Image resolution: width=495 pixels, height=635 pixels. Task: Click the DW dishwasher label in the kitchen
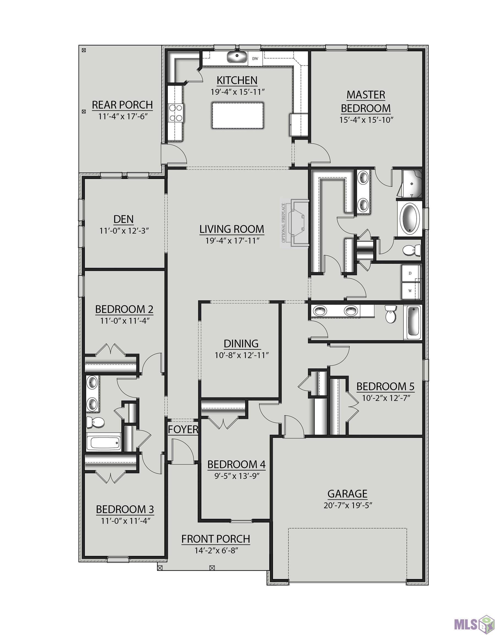pos(255,58)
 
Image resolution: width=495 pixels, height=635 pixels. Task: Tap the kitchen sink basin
pos(237,57)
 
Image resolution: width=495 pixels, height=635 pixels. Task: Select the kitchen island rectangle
pos(237,115)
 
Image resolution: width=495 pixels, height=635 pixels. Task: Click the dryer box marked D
pos(410,273)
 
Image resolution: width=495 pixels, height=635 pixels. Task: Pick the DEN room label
pos(124,219)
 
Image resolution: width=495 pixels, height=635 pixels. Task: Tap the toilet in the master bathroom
pos(412,250)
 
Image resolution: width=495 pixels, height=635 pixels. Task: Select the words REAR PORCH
pos(122,105)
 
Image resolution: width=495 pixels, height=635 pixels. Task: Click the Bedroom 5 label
pos(385,386)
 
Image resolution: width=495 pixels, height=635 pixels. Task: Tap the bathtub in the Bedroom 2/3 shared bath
pos(104,443)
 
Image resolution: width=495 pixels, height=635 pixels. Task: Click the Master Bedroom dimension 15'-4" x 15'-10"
pos(366,120)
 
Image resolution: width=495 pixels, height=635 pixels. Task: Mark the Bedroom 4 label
pos(236,464)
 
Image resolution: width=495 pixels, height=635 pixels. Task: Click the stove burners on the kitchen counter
pos(176,113)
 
